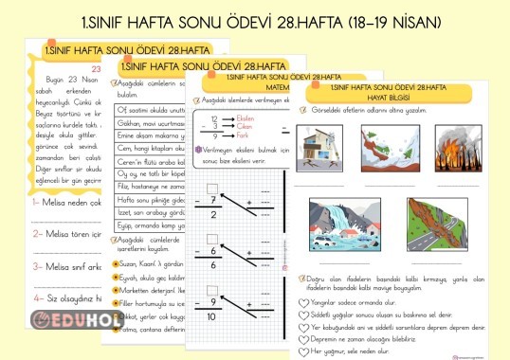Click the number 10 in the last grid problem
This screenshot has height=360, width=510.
214,315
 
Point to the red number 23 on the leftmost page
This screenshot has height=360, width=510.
97,69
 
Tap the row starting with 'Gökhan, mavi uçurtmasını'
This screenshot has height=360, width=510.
152,123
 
